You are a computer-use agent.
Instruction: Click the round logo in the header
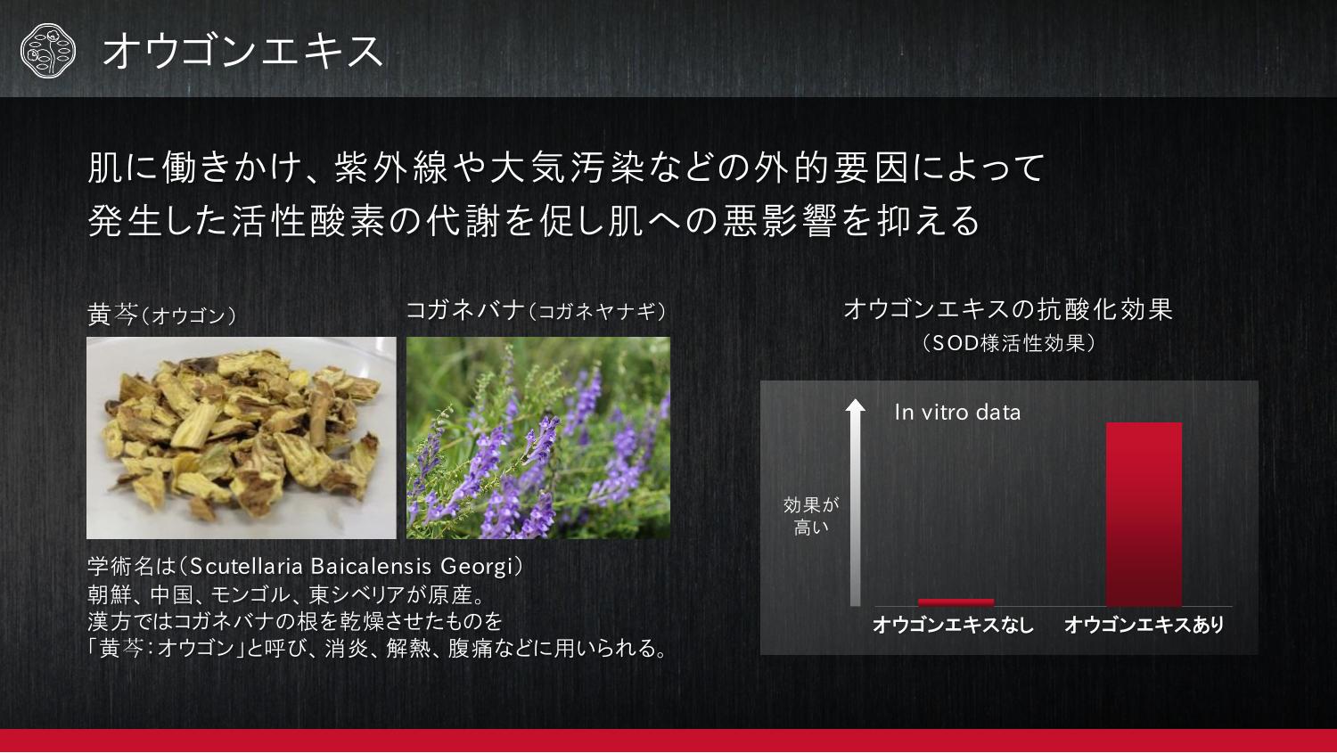click(48, 51)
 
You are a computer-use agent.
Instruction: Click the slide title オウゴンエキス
click(243, 52)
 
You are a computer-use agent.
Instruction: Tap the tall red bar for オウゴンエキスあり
click(1144, 514)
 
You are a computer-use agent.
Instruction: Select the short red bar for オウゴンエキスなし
click(956, 602)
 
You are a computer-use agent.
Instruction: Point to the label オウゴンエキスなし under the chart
click(953, 625)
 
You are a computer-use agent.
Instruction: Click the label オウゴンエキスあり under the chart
click(1144, 625)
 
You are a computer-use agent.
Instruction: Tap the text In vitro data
click(957, 413)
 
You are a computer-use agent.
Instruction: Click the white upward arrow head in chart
click(856, 405)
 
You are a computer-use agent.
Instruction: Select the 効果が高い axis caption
click(811, 516)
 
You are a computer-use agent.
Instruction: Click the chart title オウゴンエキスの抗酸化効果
click(1008, 310)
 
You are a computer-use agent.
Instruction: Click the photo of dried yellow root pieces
click(242, 438)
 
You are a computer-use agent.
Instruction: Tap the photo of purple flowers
click(537, 438)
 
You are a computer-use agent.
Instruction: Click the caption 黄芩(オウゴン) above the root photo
click(161, 315)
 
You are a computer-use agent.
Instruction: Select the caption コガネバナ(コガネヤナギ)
click(536, 311)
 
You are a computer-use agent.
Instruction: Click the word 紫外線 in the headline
click(391, 167)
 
